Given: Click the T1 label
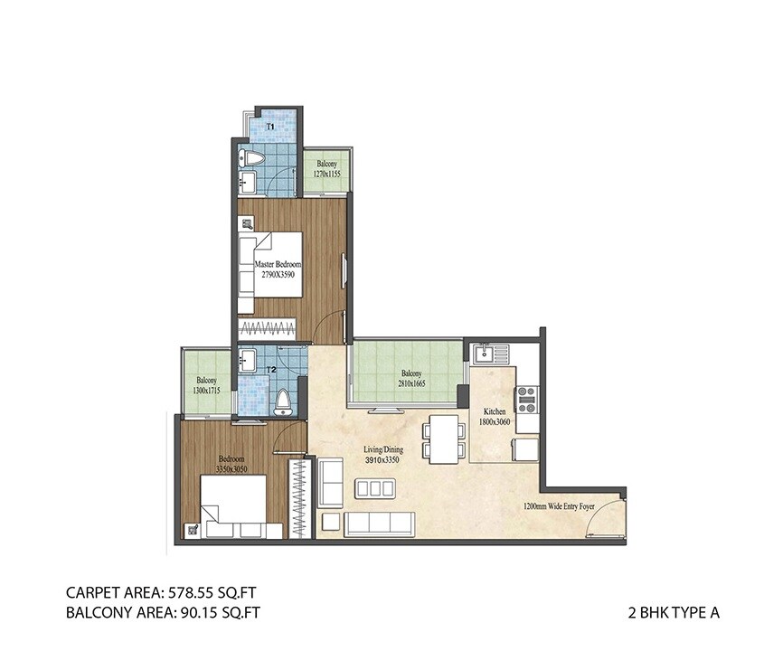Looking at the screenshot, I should [270, 127].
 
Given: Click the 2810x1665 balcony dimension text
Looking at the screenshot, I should [410, 383].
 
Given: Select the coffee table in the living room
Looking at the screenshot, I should [373, 489].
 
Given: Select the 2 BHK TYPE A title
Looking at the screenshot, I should [673, 612].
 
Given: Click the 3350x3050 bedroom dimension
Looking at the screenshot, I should [231, 468].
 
